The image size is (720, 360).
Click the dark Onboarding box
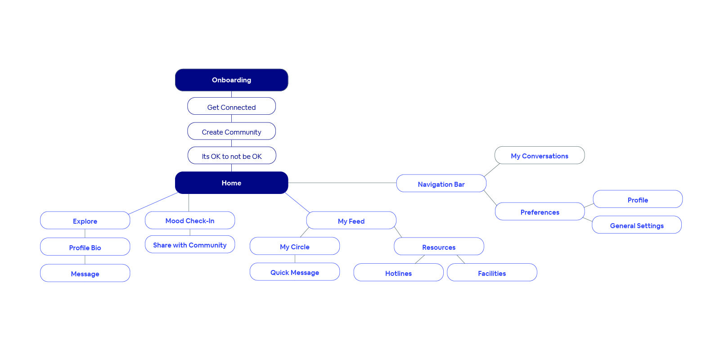point(231,80)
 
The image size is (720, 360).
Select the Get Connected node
point(231,106)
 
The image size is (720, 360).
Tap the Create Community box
point(231,131)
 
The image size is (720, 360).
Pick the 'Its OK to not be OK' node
point(232,156)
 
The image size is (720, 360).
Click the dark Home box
point(231,183)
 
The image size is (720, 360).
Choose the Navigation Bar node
point(441,183)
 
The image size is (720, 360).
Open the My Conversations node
point(540,155)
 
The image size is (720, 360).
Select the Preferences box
point(540,211)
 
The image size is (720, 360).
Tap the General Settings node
point(637,225)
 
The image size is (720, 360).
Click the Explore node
point(85,220)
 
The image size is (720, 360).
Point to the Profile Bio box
point(85,247)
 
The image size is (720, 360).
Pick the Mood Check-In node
point(190,220)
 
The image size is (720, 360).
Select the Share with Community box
point(190,244)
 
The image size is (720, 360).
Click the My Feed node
point(351,220)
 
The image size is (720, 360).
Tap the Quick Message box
point(295,272)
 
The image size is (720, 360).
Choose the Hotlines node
point(399,273)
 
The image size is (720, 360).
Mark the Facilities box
point(492,273)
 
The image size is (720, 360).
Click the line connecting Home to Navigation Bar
point(342,183)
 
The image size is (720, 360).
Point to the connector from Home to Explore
point(153,203)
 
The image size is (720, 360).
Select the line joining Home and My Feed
point(297,203)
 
